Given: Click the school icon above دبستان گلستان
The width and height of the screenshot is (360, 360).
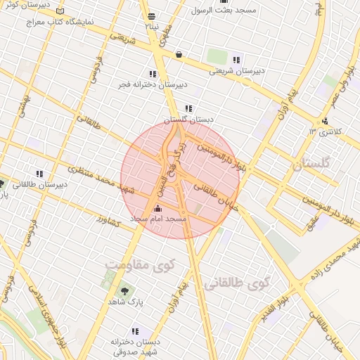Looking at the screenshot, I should tap(188, 108).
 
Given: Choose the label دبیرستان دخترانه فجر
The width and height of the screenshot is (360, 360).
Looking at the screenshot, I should tap(153, 84).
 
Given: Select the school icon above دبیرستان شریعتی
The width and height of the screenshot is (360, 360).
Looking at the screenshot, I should tap(236, 60).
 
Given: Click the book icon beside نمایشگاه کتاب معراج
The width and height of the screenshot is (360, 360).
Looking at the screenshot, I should tap(59, 13).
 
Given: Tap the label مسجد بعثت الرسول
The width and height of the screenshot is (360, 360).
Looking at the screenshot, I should tap(227, 11).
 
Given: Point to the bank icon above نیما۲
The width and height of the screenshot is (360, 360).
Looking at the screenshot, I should tap(152, 15).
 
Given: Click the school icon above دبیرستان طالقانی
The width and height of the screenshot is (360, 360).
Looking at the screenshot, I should tap(39, 174).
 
